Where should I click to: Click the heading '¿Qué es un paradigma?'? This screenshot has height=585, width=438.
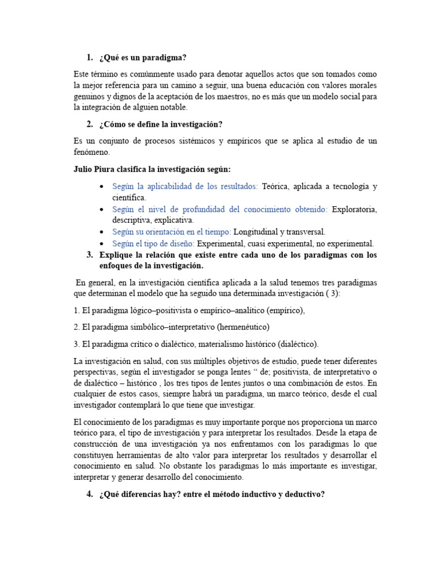143,58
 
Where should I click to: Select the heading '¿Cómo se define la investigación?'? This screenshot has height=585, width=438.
161,125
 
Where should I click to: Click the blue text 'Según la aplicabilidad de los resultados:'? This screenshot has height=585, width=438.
185,186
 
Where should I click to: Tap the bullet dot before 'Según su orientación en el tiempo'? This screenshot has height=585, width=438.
101,232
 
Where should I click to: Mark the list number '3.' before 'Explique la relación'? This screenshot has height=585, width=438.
90,255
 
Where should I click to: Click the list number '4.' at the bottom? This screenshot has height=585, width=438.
90,494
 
